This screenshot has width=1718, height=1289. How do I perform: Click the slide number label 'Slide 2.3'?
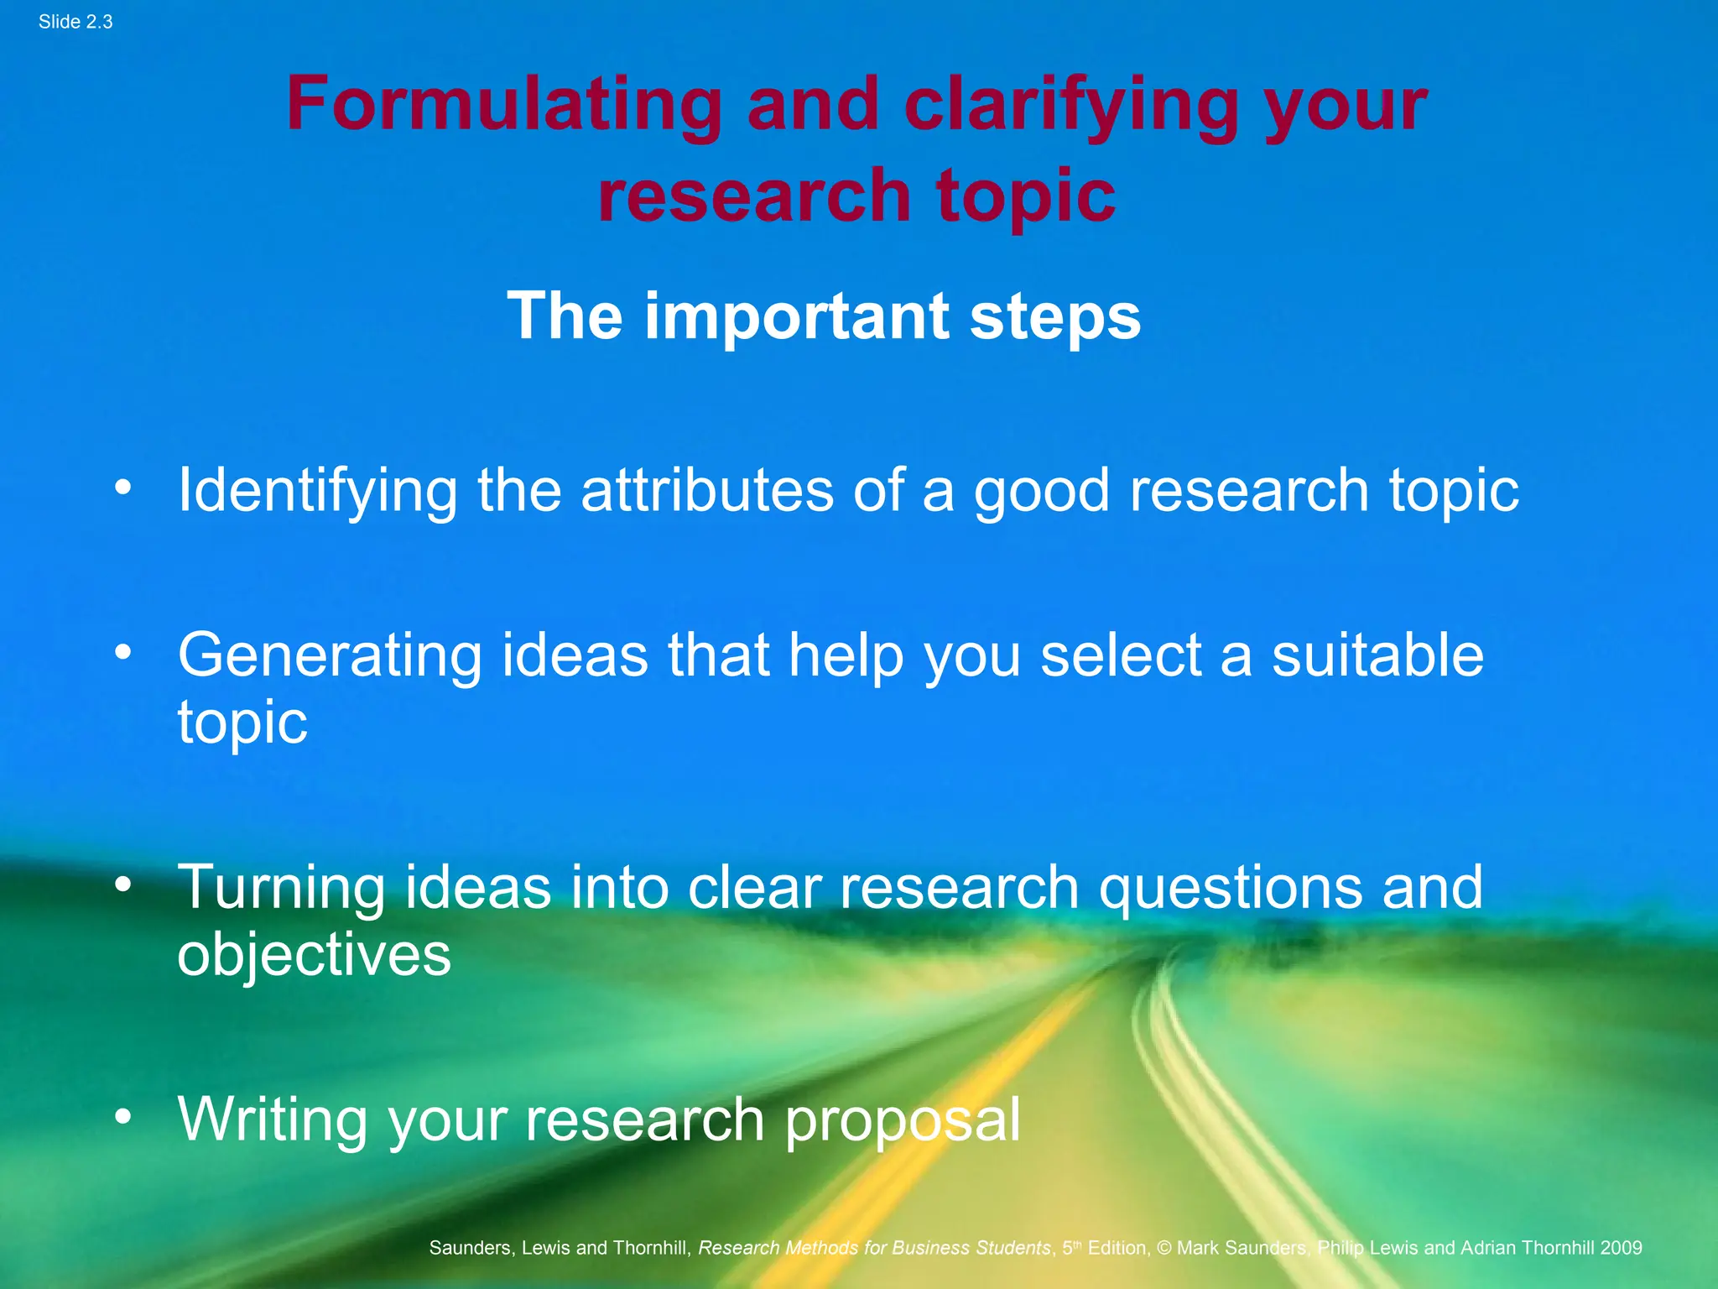pos(75,22)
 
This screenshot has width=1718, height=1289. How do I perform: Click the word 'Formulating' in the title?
pos(503,105)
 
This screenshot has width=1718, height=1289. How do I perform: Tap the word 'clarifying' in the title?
pos(1071,105)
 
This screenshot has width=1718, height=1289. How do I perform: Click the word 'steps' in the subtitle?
pos(1055,316)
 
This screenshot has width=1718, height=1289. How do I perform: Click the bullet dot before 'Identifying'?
pos(123,488)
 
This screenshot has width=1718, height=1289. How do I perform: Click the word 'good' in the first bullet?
pos(1041,490)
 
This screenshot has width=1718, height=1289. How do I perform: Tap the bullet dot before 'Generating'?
pos(123,652)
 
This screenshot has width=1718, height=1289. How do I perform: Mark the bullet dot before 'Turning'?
pos(123,885)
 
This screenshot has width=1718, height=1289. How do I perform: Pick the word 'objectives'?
pos(314,955)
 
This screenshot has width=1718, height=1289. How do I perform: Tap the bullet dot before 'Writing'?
pos(123,1116)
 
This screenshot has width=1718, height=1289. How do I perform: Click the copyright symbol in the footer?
pos(1164,1248)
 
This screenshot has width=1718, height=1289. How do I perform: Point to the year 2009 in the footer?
pos(1621,1248)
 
